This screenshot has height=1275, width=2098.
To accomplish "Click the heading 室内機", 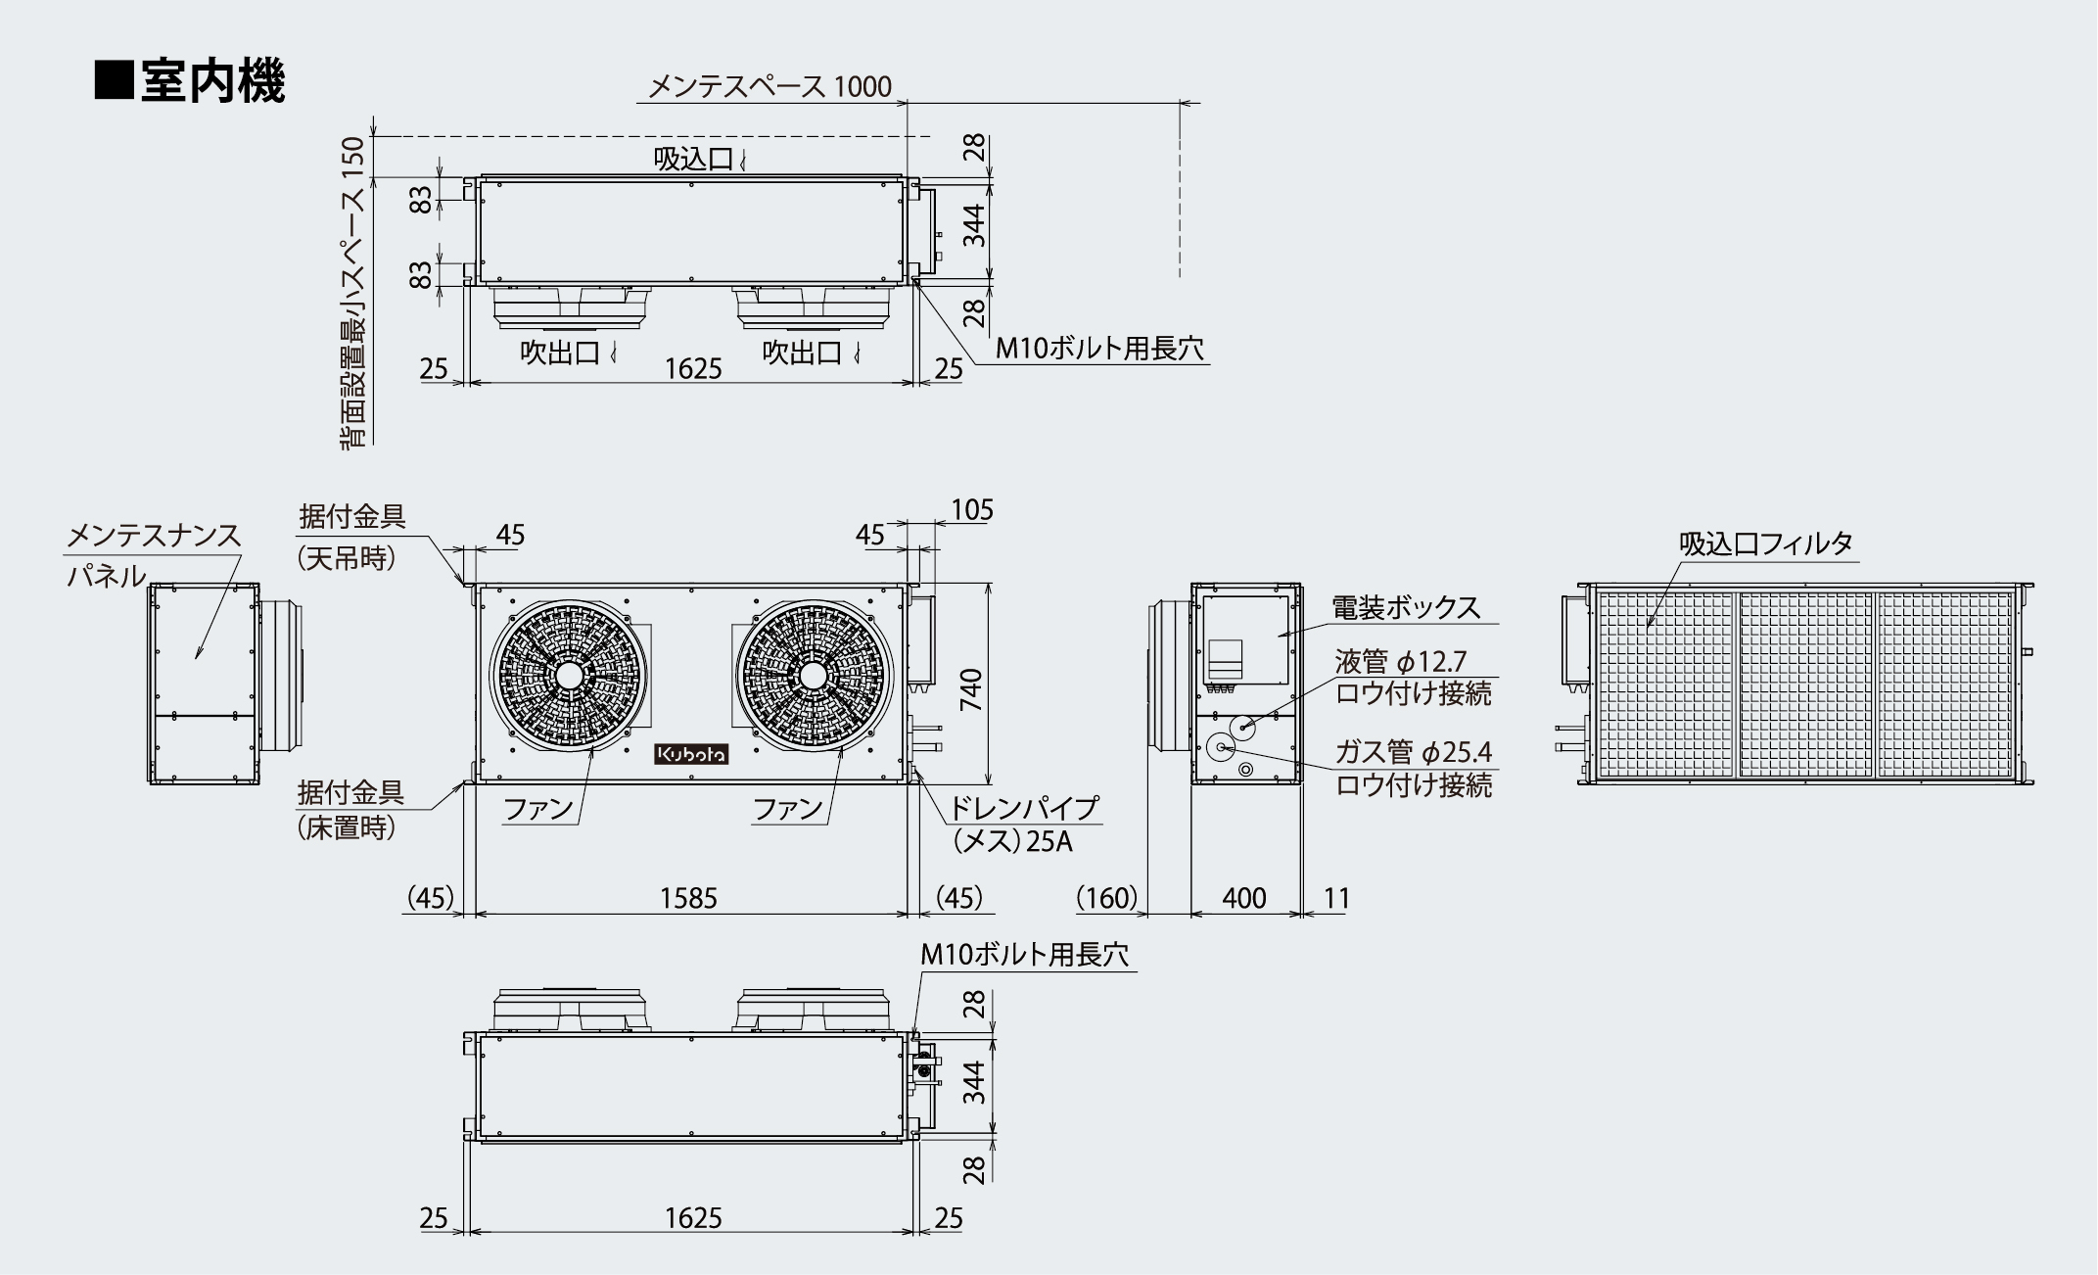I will (212, 81).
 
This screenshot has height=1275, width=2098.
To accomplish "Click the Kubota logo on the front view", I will (691, 754).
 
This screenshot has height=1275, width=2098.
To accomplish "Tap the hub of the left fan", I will (568, 677).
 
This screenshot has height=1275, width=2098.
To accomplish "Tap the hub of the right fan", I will (814, 676).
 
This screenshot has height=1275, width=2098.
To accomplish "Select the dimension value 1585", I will (688, 898).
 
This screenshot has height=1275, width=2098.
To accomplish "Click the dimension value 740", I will (971, 689).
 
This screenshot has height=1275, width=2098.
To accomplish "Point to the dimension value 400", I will (1244, 898).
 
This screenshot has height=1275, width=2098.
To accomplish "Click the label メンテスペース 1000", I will (769, 87).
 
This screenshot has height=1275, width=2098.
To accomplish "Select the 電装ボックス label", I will (1406, 608).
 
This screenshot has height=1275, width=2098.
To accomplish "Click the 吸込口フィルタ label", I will (1766, 543).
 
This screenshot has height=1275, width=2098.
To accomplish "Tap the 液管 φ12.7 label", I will (1401, 662).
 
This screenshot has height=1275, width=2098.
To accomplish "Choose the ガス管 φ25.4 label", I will (1414, 752).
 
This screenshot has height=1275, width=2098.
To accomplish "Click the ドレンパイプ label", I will (1025, 809).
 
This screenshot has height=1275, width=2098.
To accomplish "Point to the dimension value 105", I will (972, 510).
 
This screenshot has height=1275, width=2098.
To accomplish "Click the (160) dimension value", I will (1107, 898).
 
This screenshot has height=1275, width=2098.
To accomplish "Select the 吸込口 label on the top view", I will (693, 159).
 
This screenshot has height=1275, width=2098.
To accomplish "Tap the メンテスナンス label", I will (153, 536).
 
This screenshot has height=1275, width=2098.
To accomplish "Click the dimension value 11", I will (1336, 898).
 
